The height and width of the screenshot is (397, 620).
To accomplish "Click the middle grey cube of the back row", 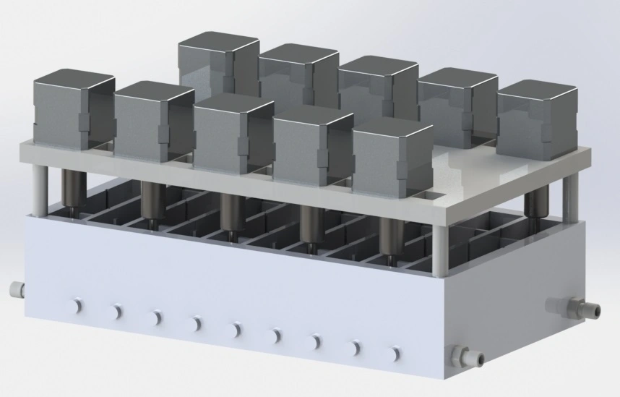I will pos(378,90).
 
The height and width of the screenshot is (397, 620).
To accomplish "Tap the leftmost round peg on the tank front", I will pos(76,306).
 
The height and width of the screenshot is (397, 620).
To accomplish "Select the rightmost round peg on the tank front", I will pos(395,353).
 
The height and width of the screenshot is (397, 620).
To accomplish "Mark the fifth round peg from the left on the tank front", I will pos(235,330).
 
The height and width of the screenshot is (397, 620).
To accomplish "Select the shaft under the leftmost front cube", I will pos(72,189).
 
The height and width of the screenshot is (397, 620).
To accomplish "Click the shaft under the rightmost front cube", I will pos(391,239).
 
